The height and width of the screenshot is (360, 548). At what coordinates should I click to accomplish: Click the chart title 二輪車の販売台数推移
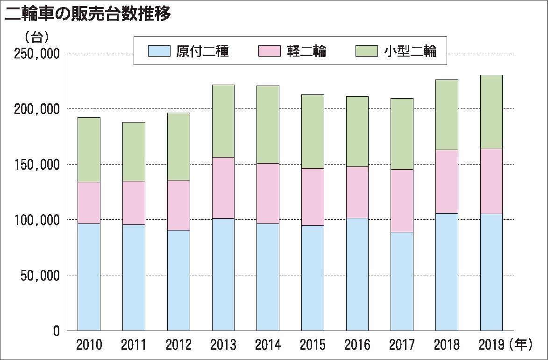click(87, 14)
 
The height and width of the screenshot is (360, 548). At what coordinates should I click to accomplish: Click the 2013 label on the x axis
click(223, 346)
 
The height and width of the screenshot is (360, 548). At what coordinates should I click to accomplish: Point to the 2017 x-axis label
click(402, 346)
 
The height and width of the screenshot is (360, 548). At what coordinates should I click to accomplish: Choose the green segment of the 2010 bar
click(89, 150)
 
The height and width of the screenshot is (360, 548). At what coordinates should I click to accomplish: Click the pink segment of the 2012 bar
click(178, 205)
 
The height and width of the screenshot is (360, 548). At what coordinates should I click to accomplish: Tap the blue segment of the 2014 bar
click(268, 277)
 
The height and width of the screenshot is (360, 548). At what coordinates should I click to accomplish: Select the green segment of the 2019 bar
click(491, 112)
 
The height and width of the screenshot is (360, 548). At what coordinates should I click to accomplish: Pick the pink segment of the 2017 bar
click(402, 201)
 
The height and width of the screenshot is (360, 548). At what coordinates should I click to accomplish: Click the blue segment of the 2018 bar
click(447, 272)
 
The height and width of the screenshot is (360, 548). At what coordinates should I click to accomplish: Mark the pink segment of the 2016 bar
click(357, 192)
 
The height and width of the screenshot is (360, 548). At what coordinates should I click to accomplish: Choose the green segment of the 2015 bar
click(313, 131)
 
